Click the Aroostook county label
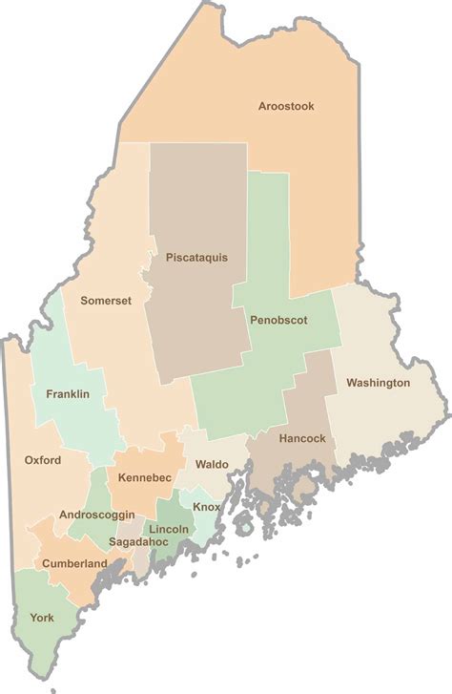point(286,106)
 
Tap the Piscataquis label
point(196,257)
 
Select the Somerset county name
point(106,300)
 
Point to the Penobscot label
point(278,321)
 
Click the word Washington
point(378,383)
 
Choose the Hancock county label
point(302,439)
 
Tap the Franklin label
point(68,393)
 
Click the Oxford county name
point(43,460)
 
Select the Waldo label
point(212,464)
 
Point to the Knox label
point(207,506)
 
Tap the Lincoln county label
point(168,529)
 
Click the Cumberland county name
point(74,564)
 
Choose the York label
point(42,618)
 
